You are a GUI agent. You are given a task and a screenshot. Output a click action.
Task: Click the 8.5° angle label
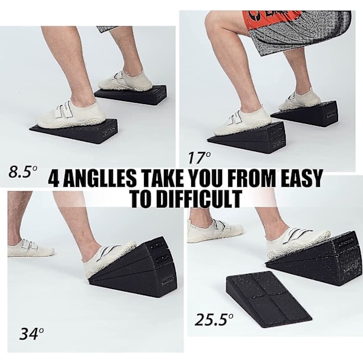[x=23, y=172]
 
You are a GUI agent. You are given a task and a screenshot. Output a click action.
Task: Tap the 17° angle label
[x=199, y=158]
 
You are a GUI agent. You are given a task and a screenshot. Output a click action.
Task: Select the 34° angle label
[x=31, y=333]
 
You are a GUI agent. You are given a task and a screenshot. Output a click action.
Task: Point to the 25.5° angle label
[x=214, y=319]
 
